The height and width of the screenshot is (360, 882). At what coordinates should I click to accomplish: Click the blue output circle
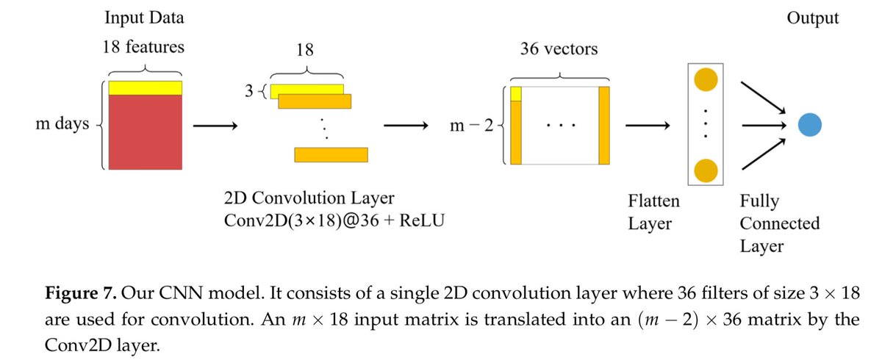pos(809,126)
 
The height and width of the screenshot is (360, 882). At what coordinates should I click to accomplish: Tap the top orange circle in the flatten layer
pos(705,79)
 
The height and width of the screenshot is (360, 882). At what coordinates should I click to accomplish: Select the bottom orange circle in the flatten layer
pos(705,169)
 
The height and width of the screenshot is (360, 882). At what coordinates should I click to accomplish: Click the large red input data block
pos(145,132)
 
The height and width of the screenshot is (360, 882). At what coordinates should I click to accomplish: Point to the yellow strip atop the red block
pos(145,87)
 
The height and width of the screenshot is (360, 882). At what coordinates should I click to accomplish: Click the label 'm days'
pos(62,124)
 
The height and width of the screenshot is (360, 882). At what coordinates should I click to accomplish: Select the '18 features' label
pos(144,48)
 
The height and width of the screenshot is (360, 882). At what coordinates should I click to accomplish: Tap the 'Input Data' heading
pos(144,17)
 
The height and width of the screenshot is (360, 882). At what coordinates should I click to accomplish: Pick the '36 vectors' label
pos(558,50)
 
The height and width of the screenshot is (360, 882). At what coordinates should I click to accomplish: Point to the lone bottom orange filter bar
pos(330,154)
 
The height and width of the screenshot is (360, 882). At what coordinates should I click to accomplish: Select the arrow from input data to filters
pos(214,126)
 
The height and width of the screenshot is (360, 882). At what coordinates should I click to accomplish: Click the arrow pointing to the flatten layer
pos(646,126)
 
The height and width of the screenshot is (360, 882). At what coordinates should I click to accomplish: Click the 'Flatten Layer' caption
pos(653,211)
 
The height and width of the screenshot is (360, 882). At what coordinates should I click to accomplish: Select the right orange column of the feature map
pos(604,125)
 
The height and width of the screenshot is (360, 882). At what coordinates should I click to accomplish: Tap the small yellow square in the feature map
pos(516,93)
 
